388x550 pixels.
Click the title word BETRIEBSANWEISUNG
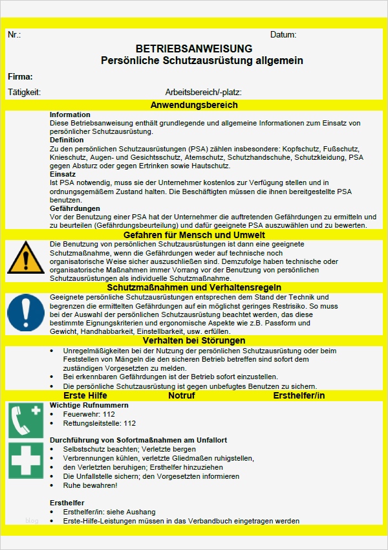pyautogui.click(x=194, y=49)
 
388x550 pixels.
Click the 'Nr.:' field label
pyautogui.click(x=14, y=34)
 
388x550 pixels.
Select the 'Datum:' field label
pyautogui.click(x=283, y=34)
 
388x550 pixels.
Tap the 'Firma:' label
pyautogui.click(x=20, y=76)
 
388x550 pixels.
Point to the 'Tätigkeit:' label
pyautogui.click(x=24, y=92)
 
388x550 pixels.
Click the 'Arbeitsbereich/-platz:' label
pyautogui.click(x=203, y=92)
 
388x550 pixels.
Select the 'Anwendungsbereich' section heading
pyautogui.click(x=194, y=105)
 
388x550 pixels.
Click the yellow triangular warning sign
pyautogui.click(x=26, y=257)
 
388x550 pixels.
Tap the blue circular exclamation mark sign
pyautogui.click(x=26, y=313)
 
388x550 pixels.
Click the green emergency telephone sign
pyautogui.click(x=26, y=419)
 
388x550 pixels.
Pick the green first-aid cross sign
pyautogui.click(x=26, y=461)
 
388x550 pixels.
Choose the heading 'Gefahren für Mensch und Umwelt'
pyautogui.click(x=194, y=235)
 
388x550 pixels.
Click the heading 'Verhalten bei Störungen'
pyautogui.click(x=194, y=340)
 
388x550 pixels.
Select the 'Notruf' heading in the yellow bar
pyautogui.click(x=182, y=395)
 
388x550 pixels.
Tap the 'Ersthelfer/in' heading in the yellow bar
pyautogui.click(x=299, y=395)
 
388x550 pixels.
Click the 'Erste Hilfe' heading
pyautogui.click(x=85, y=395)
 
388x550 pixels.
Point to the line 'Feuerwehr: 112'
pyautogui.click(x=89, y=414)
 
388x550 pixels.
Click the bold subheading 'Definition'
pyautogui.click(x=67, y=140)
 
